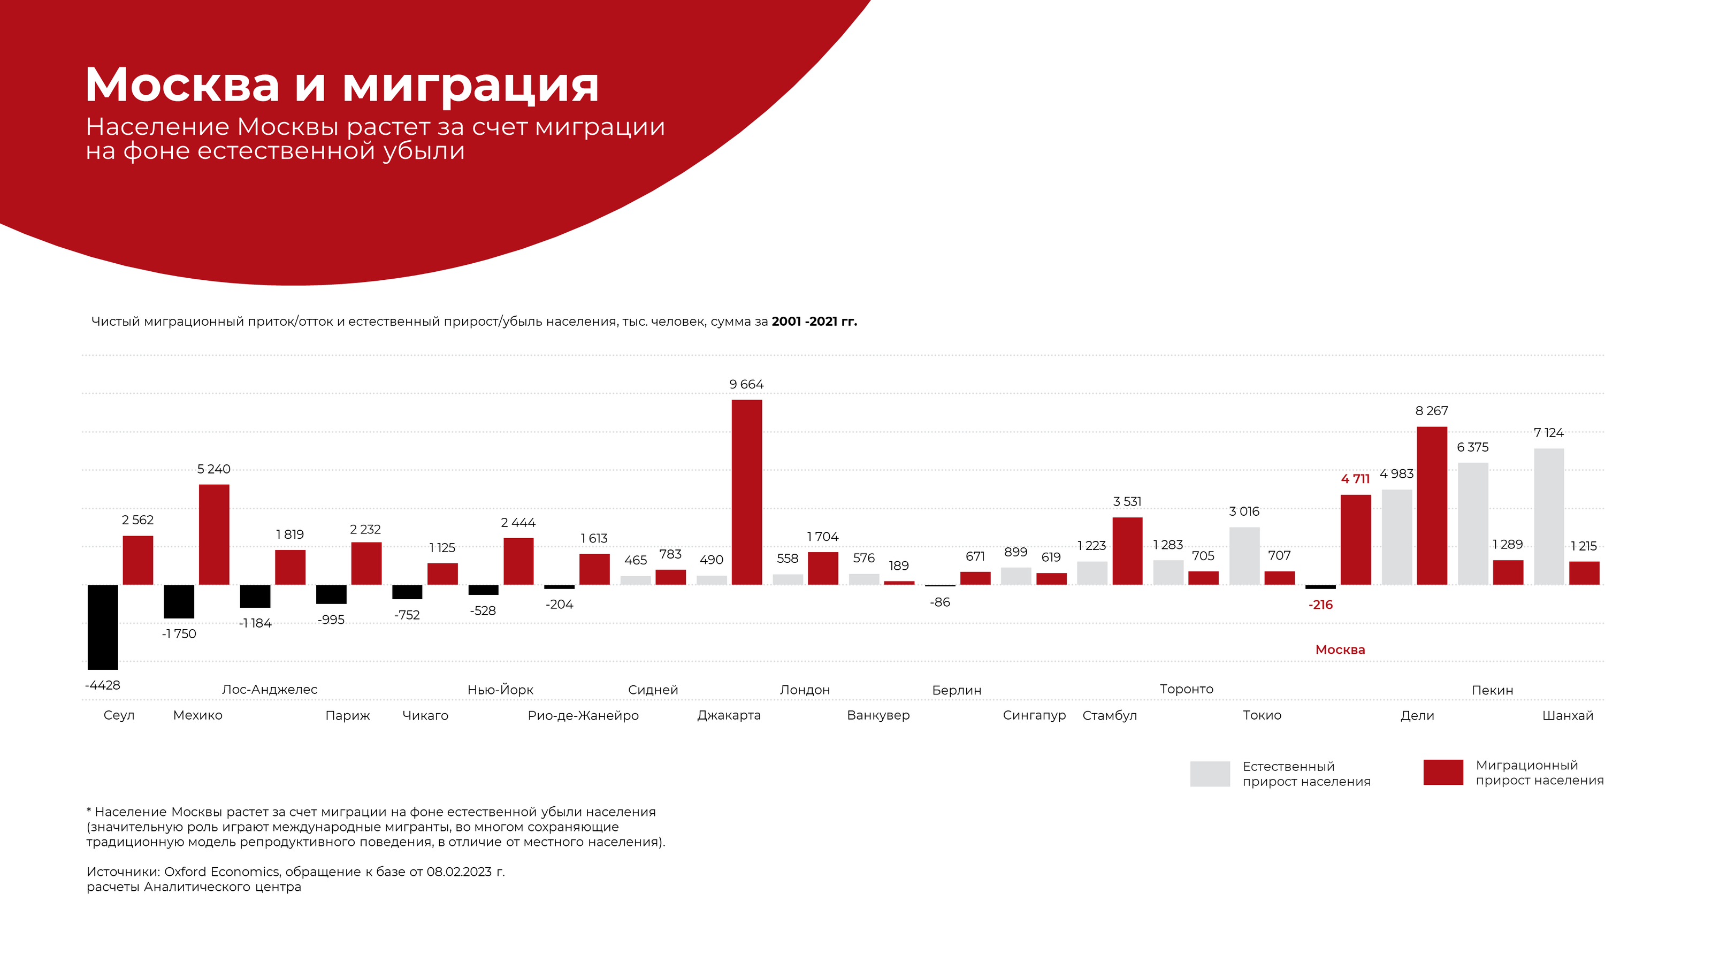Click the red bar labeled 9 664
coord(746,492)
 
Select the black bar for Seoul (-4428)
coord(103,626)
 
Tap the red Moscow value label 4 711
coord(1355,478)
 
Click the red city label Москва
coord(1340,649)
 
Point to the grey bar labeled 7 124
coord(1548,516)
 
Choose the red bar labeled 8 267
coord(1432,505)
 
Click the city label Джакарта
coord(728,715)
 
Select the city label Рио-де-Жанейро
coord(583,715)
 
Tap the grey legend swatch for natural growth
coord(1210,774)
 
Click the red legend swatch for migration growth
coord(1443,772)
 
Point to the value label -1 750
coord(179,633)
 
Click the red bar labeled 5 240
coord(214,534)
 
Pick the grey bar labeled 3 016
coord(1244,556)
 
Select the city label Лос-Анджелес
coord(269,689)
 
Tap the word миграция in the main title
coord(470,85)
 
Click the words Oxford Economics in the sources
coord(222,872)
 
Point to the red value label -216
coord(1320,605)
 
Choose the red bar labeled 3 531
coord(1127,551)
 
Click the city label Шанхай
coord(1567,715)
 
